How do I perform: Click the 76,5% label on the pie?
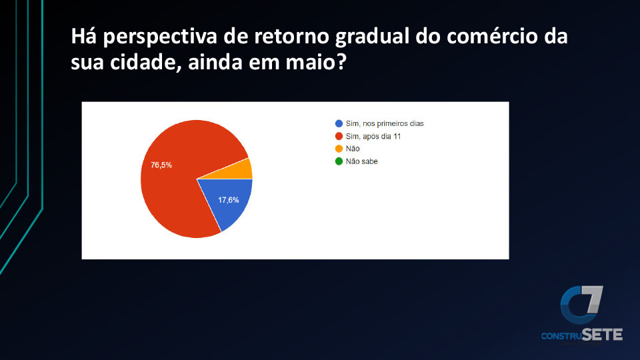(161, 165)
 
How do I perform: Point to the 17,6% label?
(228, 200)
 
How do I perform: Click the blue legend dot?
(339, 123)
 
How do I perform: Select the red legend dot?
(339, 136)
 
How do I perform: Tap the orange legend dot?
(339, 149)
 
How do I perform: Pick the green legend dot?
(339, 161)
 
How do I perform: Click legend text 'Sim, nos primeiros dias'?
(385, 123)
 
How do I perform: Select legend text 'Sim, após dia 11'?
(373, 136)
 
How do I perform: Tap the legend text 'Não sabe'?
(361, 161)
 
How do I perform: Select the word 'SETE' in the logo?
(602, 335)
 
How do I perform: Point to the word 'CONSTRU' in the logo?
(561, 336)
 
